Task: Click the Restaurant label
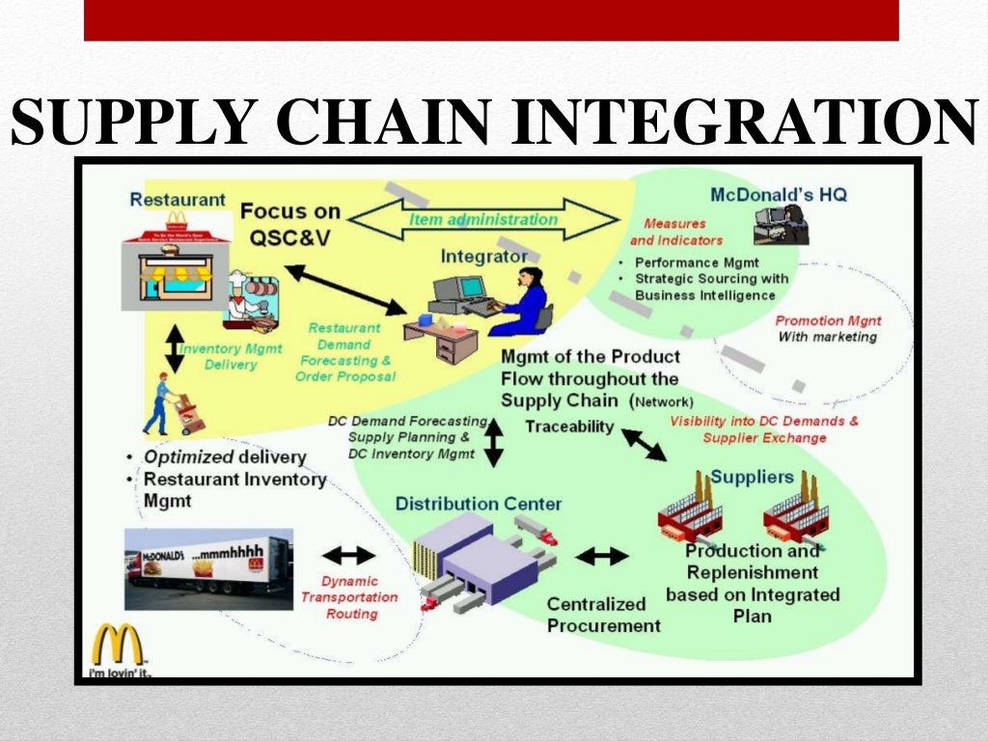tap(178, 200)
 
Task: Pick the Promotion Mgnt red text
tap(828, 320)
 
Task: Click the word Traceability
tap(568, 425)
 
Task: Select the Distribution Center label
tap(478, 504)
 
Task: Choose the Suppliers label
tap(752, 478)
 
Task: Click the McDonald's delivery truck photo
tap(207, 569)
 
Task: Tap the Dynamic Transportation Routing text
tap(348, 596)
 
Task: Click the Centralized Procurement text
tap(603, 615)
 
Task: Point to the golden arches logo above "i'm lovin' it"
tap(117, 645)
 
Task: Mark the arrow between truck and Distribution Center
tap(346, 555)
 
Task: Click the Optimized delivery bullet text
tap(224, 457)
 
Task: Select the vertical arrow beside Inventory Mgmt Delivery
tap(174, 347)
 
